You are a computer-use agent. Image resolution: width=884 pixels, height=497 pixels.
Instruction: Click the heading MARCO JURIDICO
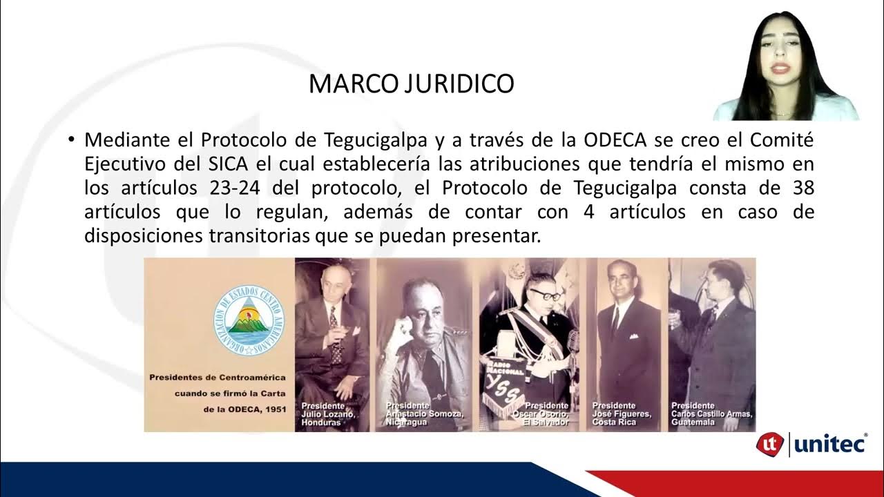coord(411,84)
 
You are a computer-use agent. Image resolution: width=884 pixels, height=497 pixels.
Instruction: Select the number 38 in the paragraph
coord(801,188)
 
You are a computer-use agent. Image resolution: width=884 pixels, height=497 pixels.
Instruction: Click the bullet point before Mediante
coord(70,140)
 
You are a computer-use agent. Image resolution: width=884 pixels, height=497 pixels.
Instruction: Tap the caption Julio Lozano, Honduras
coord(327,413)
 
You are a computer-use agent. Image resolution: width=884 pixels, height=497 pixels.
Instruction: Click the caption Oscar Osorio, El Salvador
coord(546,413)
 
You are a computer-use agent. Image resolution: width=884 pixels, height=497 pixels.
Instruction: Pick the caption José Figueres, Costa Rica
coord(619,413)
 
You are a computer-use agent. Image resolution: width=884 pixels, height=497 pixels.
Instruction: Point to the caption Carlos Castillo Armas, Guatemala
coord(711,413)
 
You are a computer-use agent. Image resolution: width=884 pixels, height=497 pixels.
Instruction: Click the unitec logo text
coord(830,444)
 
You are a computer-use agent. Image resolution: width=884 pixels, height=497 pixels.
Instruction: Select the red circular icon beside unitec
coord(771,444)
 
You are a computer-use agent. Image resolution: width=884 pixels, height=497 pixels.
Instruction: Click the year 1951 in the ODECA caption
coord(275,409)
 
